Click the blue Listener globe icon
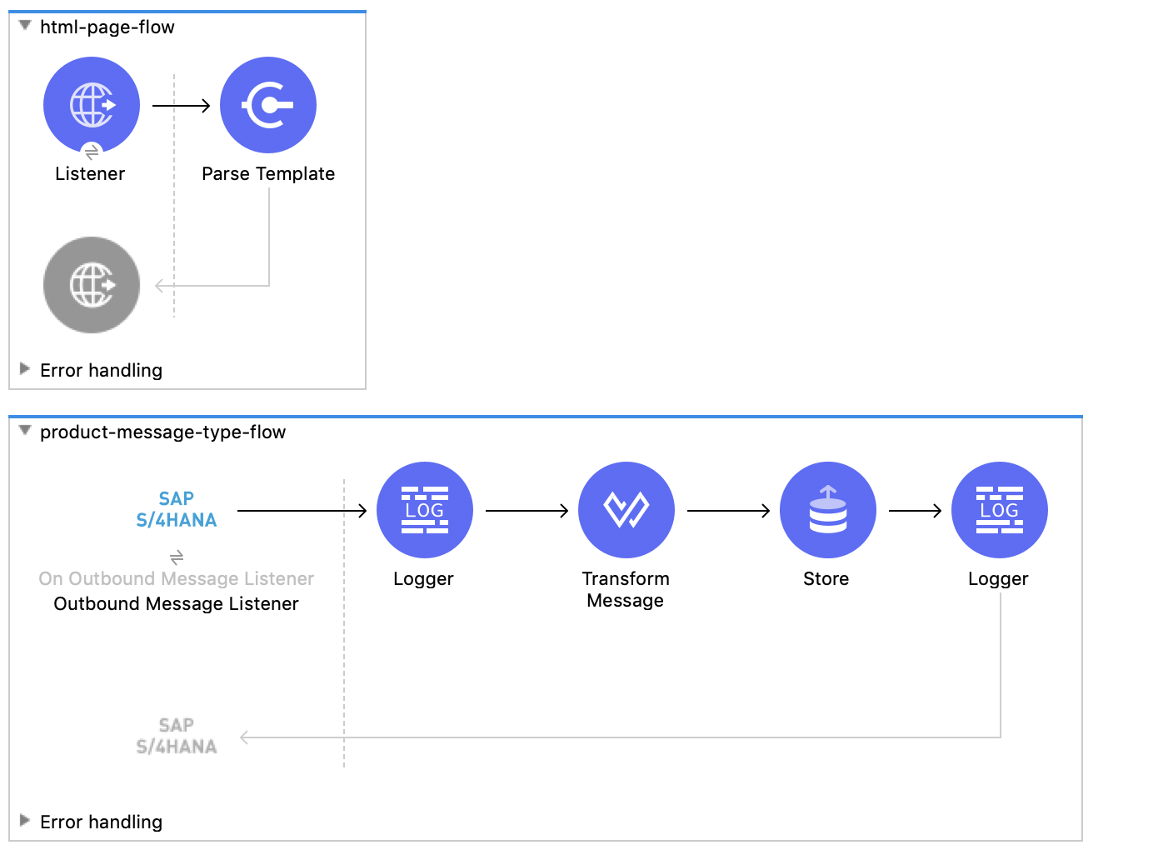[x=92, y=105]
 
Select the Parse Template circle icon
[x=268, y=105]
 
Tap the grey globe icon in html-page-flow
[x=92, y=285]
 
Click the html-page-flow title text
[x=107, y=27]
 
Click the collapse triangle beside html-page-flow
[x=25, y=26]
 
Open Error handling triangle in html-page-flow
[x=25, y=368]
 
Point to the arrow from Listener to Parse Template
[x=181, y=106]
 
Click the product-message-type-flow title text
[x=162, y=432]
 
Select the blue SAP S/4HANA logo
[x=177, y=509]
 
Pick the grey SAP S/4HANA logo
[x=177, y=736]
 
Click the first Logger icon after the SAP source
[x=425, y=510]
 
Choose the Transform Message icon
[x=626, y=510]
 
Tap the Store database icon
[x=828, y=510]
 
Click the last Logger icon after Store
[x=1000, y=510]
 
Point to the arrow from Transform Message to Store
[x=728, y=511]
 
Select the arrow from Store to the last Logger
[x=915, y=511]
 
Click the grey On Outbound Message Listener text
[x=177, y=579]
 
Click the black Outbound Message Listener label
[x=177, y=604]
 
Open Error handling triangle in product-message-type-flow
[x=25, y=820]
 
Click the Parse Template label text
[x=268, y=174]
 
